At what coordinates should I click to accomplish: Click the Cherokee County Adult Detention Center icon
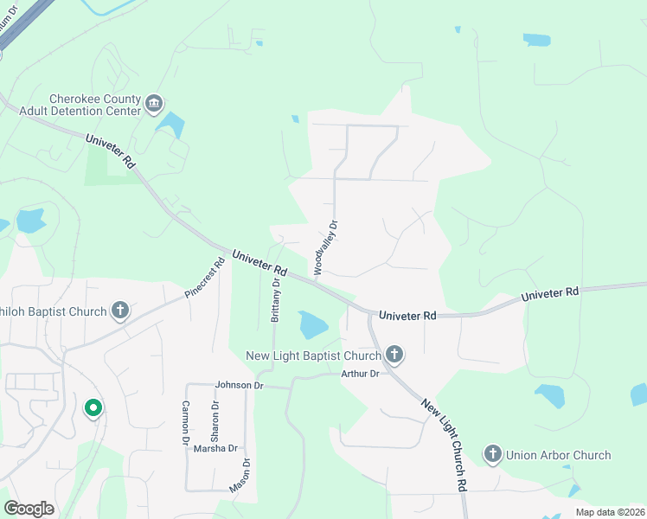[154, 105]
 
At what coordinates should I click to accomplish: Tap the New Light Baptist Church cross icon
[394, 354]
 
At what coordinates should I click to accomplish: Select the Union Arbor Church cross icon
[493, 454]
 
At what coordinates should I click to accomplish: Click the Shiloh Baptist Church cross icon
[119, 311]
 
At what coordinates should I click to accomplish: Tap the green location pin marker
[93, 407]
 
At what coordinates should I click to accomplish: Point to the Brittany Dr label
[276, 299]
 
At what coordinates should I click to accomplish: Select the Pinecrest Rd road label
[205, 278]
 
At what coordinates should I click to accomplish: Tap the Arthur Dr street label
[360, 374]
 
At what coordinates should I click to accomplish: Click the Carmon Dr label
[185, 423]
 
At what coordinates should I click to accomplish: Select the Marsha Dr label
[215, 448]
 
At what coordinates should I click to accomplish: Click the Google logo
[29, 509]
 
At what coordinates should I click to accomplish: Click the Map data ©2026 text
[611, 512]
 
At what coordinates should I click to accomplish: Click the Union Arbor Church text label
[558, 455]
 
